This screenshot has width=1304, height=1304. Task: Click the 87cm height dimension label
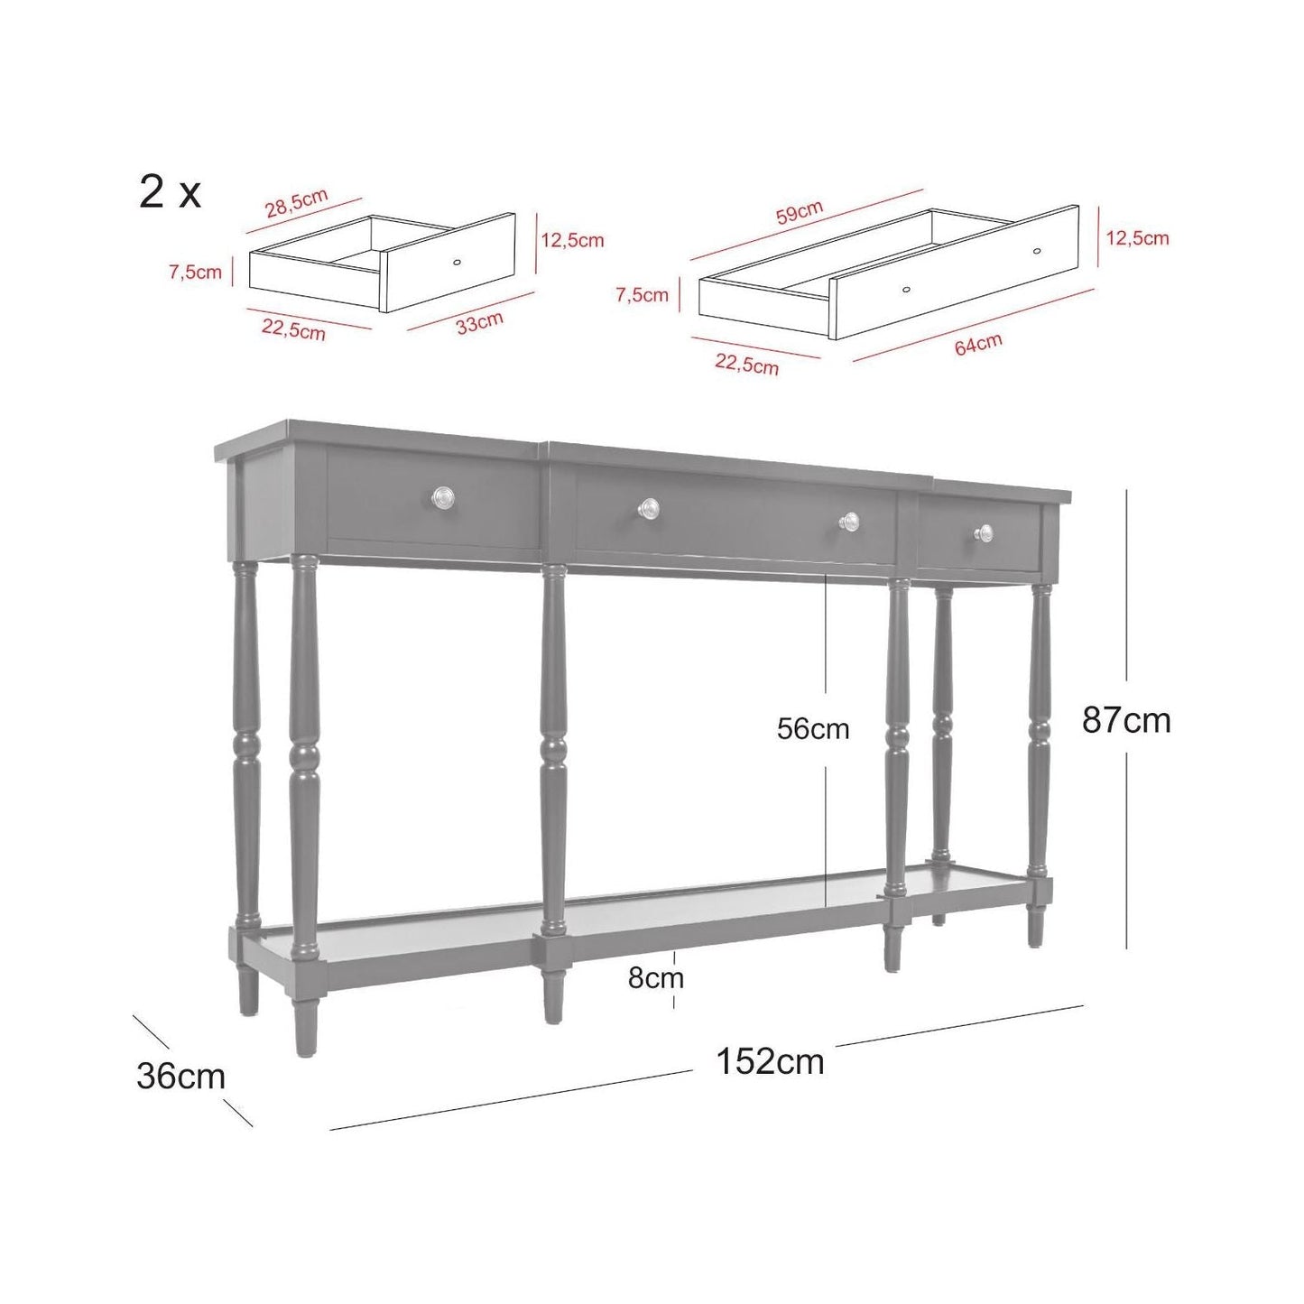1126,720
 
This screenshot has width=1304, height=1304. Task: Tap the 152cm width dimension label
770,1061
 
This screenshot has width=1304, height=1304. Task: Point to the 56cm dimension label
813,729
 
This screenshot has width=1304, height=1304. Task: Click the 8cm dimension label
656,978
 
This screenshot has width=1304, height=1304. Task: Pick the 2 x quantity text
170,191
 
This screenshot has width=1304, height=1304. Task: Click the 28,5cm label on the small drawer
296,204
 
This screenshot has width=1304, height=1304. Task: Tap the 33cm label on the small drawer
479,323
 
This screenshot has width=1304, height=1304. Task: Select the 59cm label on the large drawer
800,212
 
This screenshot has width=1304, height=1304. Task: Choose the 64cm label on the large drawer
978,344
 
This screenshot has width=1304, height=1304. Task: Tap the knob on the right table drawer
984,533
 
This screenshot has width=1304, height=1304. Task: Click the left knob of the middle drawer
649,507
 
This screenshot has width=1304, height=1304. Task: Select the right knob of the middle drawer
849,521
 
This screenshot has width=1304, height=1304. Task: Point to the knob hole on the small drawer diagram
457,262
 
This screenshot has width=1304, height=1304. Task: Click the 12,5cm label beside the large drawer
1138,238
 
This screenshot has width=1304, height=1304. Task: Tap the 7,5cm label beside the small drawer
195,272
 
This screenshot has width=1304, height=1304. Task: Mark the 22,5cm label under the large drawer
747,365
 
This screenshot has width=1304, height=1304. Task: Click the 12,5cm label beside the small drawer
572,240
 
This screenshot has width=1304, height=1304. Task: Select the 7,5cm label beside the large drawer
643,295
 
